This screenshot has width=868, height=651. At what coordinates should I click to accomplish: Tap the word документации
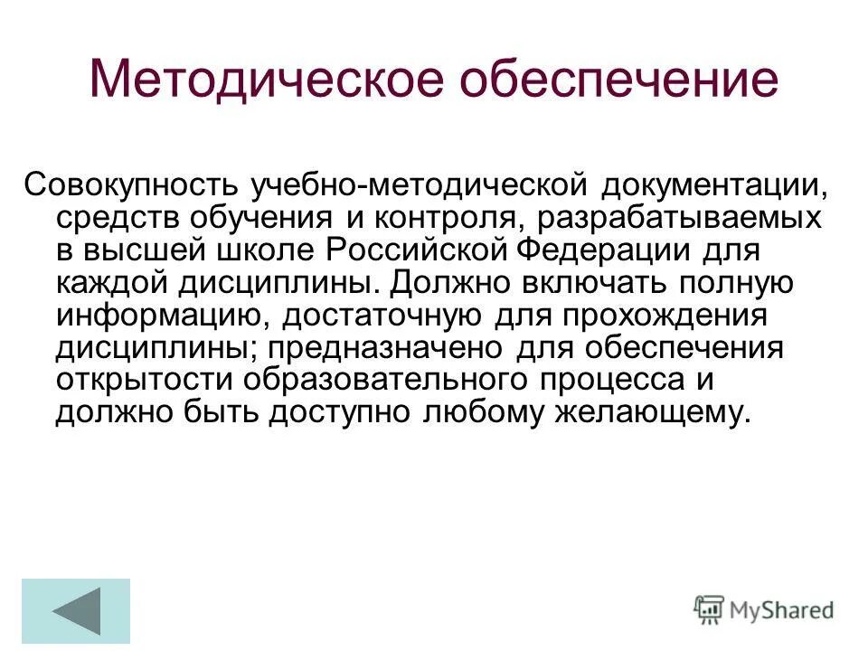pyautogui.click(x=711, y=185)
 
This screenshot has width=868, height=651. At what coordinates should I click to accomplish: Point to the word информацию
pyautogui.click(x=163, y=315)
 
